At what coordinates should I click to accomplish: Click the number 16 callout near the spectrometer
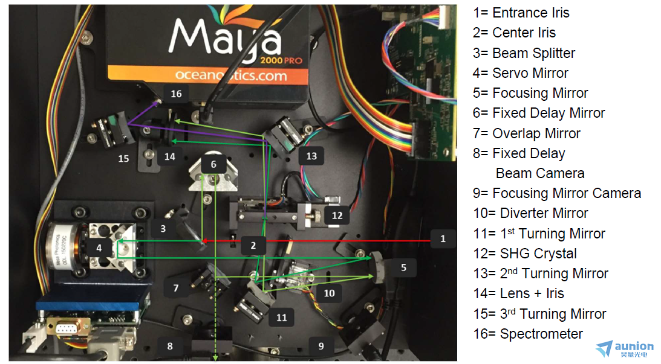click(176, 94)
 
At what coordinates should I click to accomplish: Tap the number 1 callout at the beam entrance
click(443, 239)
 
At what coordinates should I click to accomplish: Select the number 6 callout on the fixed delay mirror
click(213, 164)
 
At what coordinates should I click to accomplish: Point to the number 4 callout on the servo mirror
click(99, 248)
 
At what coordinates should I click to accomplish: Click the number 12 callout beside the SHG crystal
click(337, 216)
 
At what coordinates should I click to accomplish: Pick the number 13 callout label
click(311, 156)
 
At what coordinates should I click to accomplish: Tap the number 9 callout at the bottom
click(321, 346)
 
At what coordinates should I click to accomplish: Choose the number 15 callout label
click(123, 159)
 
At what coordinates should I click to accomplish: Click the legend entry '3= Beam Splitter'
click(524, 53)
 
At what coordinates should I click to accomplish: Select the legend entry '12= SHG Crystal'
click(525, 254)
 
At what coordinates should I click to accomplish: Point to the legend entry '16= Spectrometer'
click(528, 334)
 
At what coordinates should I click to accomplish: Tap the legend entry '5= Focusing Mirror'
click(530, 93)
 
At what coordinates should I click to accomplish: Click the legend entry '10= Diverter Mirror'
click(530, 213)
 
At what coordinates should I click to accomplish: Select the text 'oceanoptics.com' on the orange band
click(231, 75)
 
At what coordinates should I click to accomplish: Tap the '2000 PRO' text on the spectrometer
click(281, 60)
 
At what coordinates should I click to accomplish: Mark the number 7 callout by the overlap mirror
click(176, 289)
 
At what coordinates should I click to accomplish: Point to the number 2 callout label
click(253, 245)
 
